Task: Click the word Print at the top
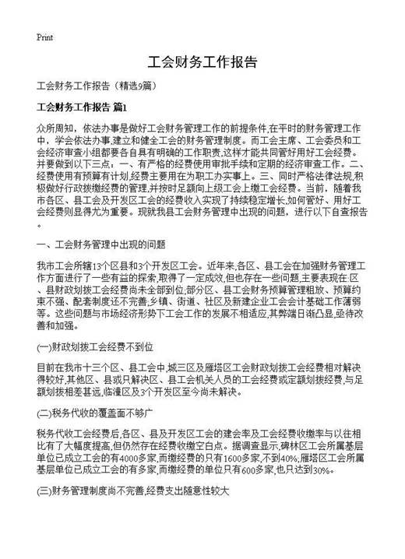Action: (x=44, y=37)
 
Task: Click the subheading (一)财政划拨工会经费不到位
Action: (x=93, y=343)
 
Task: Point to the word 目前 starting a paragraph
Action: (x=46, y=365)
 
